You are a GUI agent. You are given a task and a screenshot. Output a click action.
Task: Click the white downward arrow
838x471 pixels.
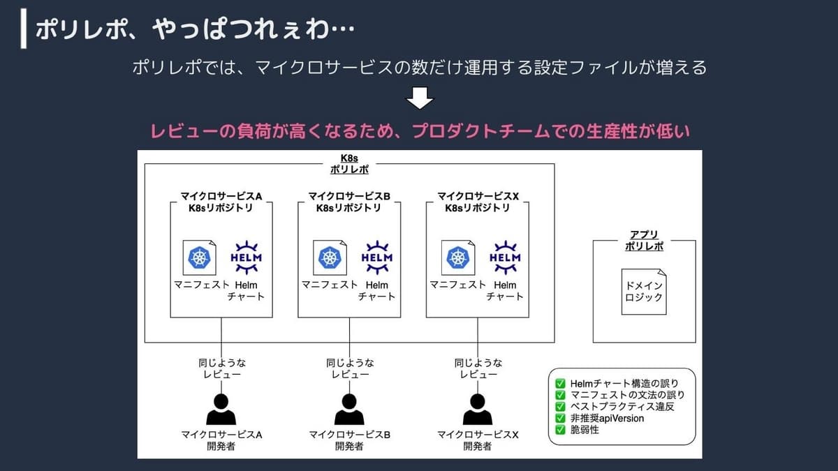pos(420,98)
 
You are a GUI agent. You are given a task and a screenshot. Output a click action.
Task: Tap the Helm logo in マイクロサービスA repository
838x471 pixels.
pos(246,257)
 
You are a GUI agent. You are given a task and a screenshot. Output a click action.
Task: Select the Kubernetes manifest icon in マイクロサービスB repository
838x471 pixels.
pos(330,257)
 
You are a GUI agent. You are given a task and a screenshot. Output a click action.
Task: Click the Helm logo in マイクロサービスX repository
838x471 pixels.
pos(505,257)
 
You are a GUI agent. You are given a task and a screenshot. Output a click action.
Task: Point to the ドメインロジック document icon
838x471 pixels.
pos(644,292)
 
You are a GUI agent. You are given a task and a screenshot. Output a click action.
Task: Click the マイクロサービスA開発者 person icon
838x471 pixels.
pos(221,410)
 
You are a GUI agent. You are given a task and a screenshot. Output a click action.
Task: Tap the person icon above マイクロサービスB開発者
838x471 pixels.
pos(349,410)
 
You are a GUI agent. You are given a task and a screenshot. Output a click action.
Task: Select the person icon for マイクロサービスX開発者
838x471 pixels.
pos(478,410)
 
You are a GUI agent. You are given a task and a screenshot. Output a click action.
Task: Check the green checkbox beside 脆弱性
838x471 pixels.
pos(560,430)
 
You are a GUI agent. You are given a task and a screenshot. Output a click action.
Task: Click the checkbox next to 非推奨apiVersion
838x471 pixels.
pos(560,418)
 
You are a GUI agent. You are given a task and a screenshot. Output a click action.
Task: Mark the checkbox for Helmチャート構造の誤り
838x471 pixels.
pos(560,384)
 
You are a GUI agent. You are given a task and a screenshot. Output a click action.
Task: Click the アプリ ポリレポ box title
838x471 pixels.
pos(644,240)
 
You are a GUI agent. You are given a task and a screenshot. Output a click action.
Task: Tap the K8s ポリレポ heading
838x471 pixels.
pos(349,164)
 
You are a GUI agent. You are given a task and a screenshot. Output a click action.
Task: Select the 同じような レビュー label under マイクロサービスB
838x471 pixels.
pos(350,368)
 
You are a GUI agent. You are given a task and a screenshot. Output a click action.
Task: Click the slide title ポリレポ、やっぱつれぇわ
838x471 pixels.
pos(195,29)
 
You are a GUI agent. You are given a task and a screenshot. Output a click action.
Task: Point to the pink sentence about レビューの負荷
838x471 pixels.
pos(420,131)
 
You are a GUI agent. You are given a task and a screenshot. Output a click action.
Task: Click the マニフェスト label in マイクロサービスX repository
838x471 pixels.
pos(457,285)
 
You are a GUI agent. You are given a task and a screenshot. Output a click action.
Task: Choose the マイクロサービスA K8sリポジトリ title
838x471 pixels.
pos(221,202)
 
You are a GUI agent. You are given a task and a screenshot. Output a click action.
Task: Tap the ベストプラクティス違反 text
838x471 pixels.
pos(622,406)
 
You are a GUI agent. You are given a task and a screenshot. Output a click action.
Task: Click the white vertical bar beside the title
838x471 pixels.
pos(24,29)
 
